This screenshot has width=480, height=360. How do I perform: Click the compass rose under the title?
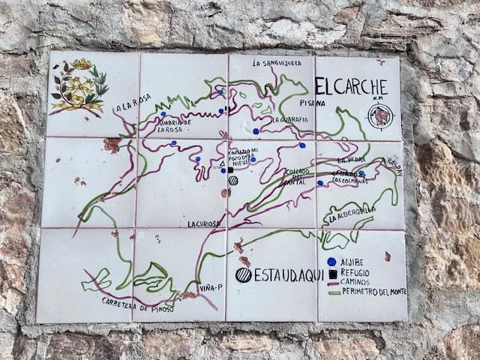pyautogui.click(x=381, y=116)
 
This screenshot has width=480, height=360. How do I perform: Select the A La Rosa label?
pyautogui.click(x=133, y=102)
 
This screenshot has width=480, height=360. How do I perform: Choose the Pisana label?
pyautogui.click(x=311, y=103)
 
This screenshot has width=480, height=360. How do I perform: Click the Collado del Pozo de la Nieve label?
pyautogui.click(x=244, y=158)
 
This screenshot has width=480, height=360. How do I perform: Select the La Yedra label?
pyautogui.click(x=351, y=160)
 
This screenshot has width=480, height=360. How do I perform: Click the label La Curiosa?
pyautogui.click(x=202, y=223)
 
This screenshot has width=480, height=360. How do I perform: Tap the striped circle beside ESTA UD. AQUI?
pyautogui.click(x=243, y=274)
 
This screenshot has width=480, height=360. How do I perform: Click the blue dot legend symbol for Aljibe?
pyautogui.click(x=331, y=262)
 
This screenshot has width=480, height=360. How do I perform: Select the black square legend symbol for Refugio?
pyautogui.click(x=331, y=274)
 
